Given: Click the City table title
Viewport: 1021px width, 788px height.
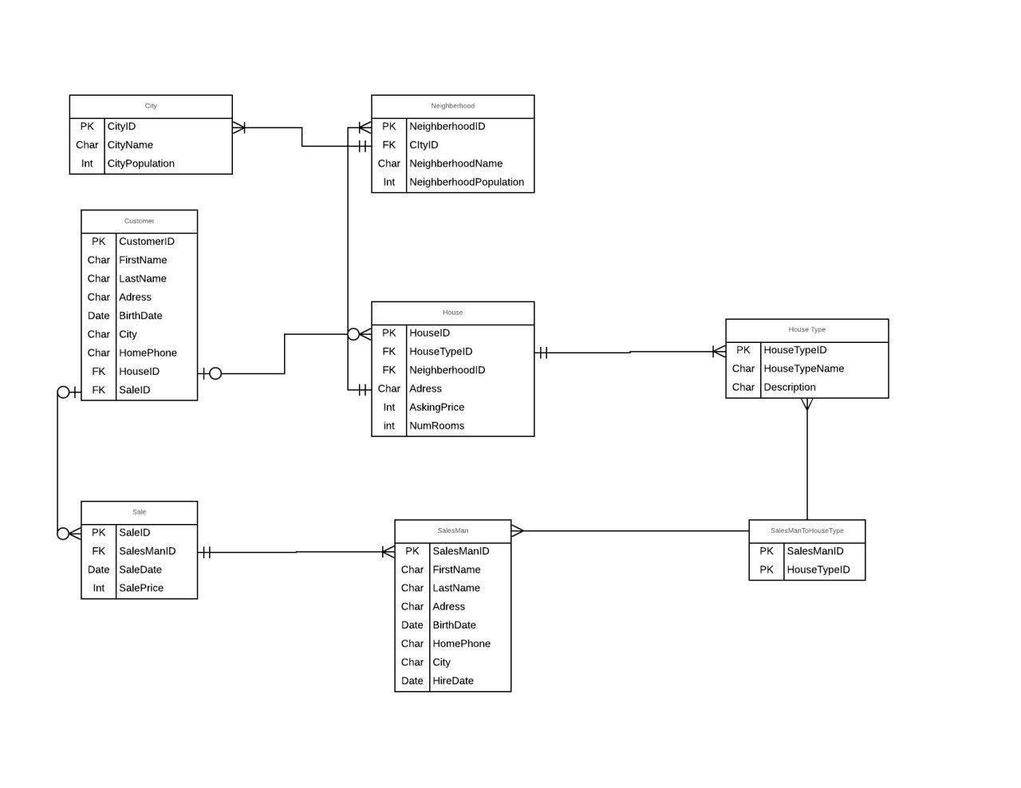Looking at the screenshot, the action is click(x=150, y=105).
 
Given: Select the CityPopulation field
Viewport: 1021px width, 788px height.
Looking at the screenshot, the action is click(x=140, y=164).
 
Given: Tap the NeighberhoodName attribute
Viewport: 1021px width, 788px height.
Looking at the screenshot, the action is click(x=455, y=164).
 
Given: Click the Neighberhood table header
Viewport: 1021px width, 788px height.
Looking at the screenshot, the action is click(x=452, y=105).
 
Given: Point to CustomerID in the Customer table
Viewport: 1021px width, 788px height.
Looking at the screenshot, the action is click(x=146, y=242).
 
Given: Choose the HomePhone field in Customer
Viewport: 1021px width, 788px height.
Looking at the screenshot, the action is click(x=148, y=353).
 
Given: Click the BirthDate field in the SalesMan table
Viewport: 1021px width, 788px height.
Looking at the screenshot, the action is click(x=454, y=625).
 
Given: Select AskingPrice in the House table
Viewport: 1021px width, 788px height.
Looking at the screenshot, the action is click(x=436, y=407).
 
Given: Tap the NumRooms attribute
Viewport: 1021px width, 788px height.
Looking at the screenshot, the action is click(x=436, y=426).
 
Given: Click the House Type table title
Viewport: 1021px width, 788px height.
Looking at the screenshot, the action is click(x=806, y=329).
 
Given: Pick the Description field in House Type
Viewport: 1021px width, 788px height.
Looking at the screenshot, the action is click(x=790, y=388).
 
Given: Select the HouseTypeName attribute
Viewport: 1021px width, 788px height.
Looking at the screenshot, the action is click(x=803, y=368).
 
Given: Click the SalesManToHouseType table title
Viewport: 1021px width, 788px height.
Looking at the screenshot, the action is click(x=806, y=530).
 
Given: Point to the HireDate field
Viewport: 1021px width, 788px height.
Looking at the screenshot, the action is click(x=453, y=681).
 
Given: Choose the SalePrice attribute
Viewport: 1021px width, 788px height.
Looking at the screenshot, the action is click(x=141, y=588).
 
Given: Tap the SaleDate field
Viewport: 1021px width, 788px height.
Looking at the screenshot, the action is click(x=140, y=569).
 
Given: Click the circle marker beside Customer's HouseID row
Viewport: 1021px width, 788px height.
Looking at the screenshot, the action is click(x=215, y=373).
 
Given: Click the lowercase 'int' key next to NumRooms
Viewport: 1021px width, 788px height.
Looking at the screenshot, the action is click(x=388, y=426).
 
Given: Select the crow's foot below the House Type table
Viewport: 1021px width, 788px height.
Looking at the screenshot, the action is click(x=806, y=404).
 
